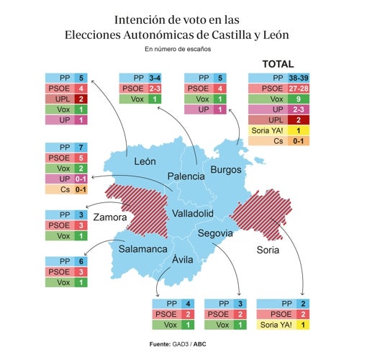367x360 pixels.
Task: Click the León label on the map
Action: point(145,162)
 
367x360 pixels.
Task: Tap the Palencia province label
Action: point(186,176)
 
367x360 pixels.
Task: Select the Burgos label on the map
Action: point(226,169)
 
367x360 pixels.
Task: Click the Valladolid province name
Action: point(193,214)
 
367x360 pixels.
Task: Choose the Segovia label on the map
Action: point(215,233)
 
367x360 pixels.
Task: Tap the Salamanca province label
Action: point(143,248)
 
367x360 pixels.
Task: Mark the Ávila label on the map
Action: point(182,259)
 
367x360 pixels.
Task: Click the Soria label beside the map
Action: point(268,250)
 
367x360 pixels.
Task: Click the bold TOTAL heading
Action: point(278,64)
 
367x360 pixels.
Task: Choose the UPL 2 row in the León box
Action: point(66,99)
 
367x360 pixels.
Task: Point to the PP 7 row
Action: point(66,147)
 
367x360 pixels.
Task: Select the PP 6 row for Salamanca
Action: point(66,261)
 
